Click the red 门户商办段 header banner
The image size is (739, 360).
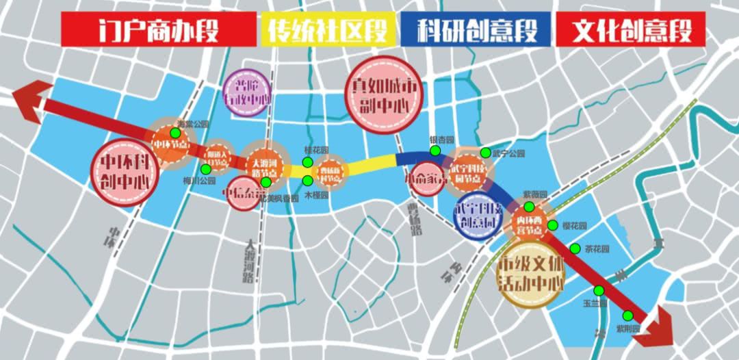(158, 29)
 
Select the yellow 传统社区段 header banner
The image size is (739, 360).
(328, 29)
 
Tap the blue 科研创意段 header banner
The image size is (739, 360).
(477, 29)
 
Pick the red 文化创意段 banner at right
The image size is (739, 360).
(631, 29)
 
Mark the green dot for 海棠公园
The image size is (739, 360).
(175, 132)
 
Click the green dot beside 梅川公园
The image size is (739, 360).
(206, 169)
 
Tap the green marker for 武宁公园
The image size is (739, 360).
(485, 153)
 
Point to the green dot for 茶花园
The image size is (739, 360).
(575, 248)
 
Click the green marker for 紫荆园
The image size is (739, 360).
(627, 316)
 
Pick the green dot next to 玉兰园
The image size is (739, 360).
(599, 290)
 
